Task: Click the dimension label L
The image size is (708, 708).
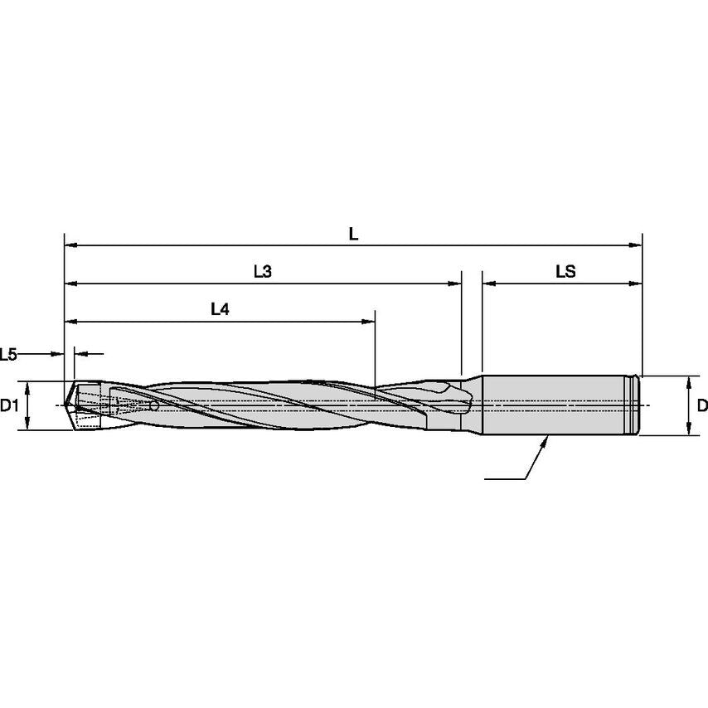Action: [353, 235]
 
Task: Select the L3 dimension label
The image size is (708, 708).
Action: [263, 272]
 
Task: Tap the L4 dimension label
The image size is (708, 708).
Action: [220, 309]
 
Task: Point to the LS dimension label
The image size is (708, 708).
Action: [566, 272]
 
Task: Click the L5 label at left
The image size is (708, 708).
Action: [9, 355]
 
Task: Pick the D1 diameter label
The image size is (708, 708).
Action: [9, 405]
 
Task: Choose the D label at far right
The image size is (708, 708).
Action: [701, 405]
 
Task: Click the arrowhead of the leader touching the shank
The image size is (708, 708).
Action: [546, 439]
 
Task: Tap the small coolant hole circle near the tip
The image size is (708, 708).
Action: [155, 407]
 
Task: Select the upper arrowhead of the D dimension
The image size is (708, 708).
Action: [689, 381]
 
